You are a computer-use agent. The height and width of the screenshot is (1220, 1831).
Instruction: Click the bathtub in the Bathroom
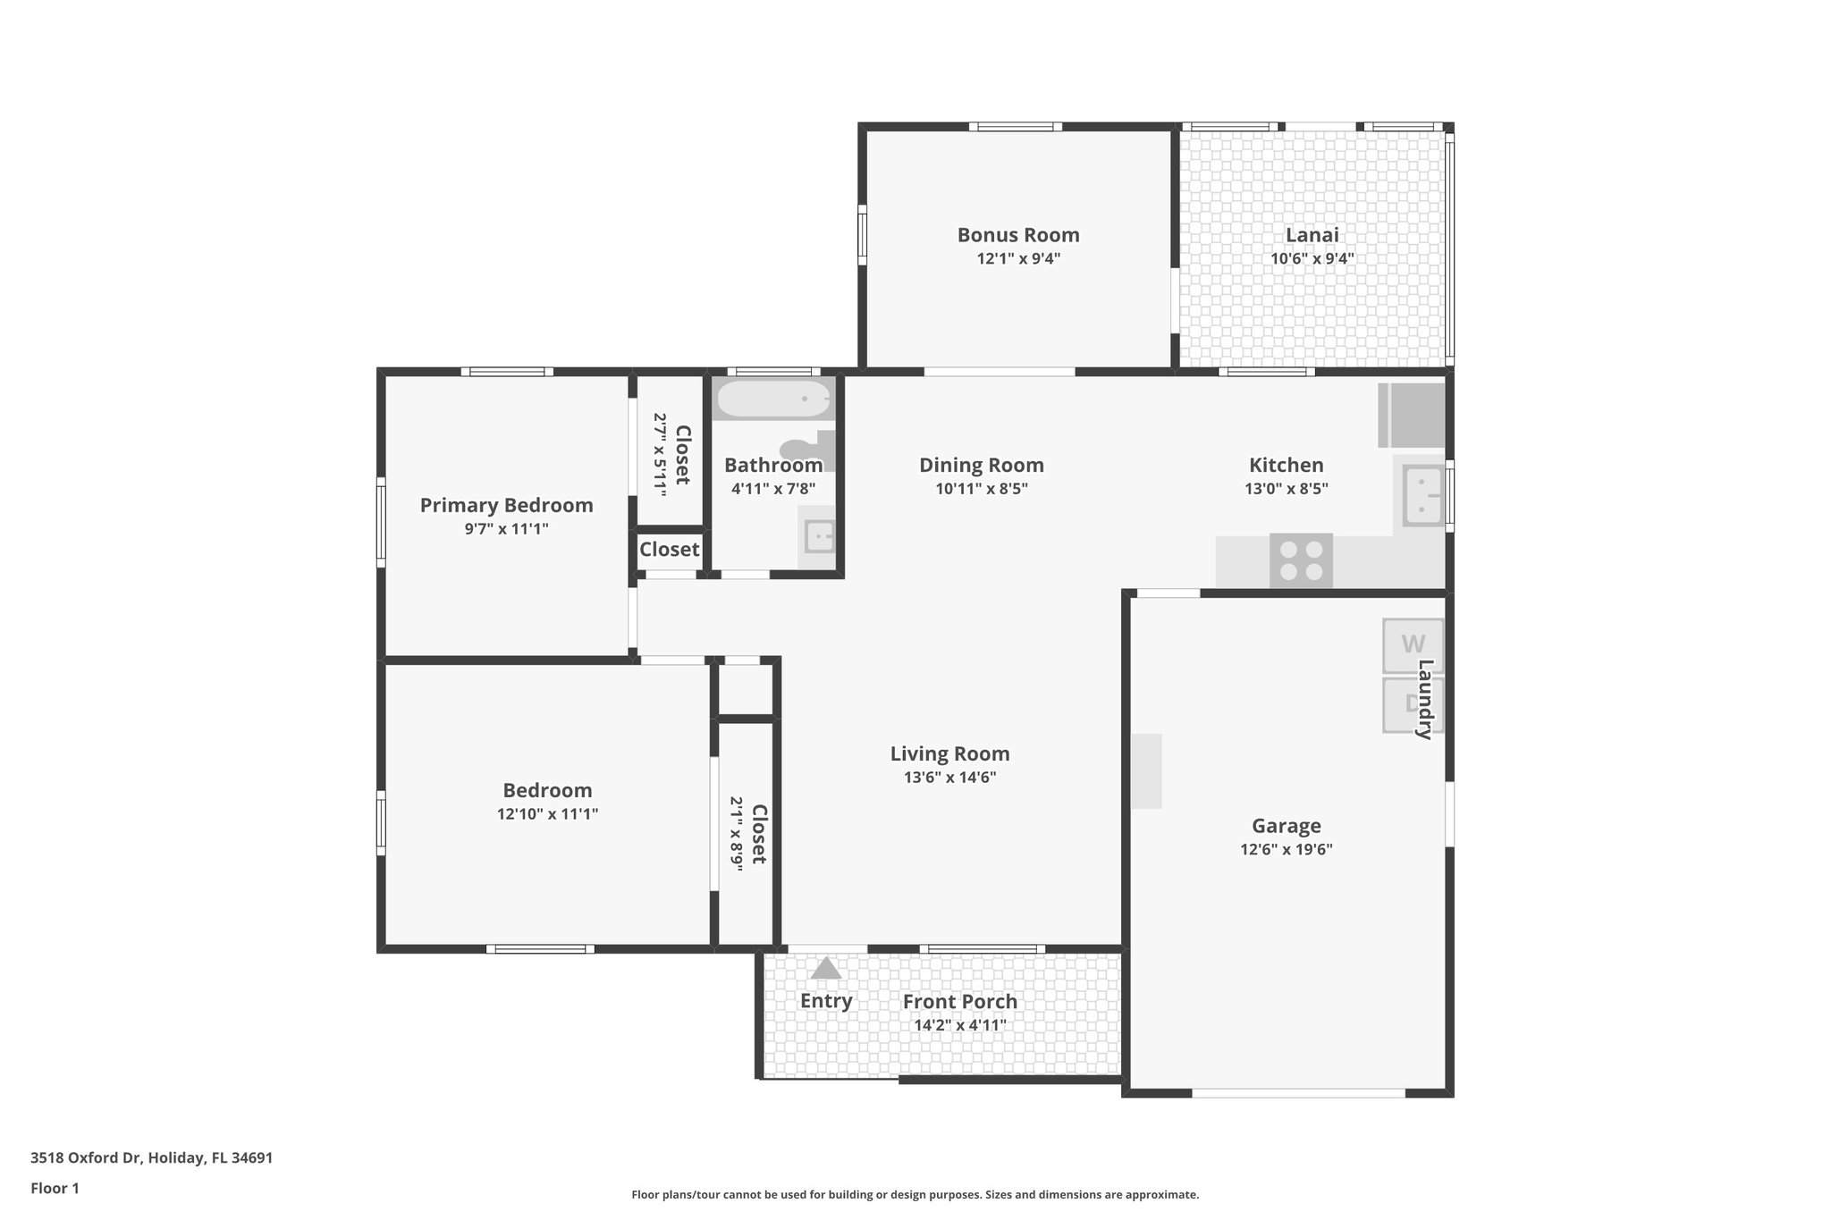click(x=773, y=400)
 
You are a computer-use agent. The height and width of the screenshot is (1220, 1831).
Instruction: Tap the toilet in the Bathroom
click(x=805, y=449)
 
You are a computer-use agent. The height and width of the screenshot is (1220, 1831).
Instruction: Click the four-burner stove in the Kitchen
click(x=1301, y=560)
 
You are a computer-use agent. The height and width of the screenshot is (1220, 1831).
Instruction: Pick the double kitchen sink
click(x=1422, y=495)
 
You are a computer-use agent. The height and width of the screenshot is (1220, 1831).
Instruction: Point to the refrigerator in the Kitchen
click(x=1412, y=416)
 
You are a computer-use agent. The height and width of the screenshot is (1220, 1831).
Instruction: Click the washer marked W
click(x=1412, y=644)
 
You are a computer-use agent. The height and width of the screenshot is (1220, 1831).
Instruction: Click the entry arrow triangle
click(x=825, y=969)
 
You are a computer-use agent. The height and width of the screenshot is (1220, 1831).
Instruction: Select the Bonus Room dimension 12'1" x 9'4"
click(x=1018, y=259)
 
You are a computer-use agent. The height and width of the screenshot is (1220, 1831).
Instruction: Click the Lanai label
click(x=1312, y=235)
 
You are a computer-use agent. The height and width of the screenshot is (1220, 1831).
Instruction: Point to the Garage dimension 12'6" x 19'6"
click(x=1286, y=850)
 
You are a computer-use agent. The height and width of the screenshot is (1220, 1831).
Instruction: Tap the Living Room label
click(x=949, y=753)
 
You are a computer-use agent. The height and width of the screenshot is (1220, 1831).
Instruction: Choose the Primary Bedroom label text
click(x=506, y=505)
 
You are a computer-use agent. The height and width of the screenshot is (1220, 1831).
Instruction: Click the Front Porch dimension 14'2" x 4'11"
click(x=959, y=1025)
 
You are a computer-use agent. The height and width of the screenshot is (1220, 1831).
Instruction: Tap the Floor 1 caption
click(x=55, y=1188)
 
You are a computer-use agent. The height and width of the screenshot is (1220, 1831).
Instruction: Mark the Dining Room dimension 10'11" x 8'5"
click(x=982, y=489)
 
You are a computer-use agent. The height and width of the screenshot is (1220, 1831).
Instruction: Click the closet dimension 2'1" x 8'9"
click(x=737, y=834)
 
